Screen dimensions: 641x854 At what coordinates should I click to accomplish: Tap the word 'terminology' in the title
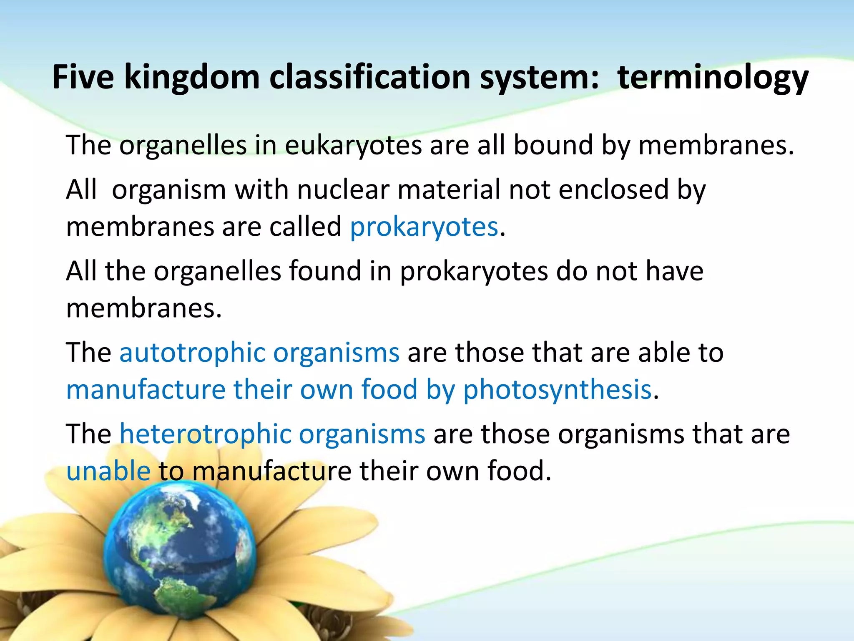(x=713, y=78)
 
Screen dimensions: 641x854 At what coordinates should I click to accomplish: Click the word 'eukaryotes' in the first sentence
(x=353, y=146)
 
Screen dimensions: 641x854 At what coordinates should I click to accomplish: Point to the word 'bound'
(x=553, y=145)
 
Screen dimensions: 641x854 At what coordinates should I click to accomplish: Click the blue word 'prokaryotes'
(x=424, y=227)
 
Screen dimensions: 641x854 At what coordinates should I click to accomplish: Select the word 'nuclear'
(x=343, y=189)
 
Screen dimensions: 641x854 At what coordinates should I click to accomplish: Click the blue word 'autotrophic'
(x=193, y=353)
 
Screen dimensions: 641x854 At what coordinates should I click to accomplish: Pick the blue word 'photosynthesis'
(x=558, y=389)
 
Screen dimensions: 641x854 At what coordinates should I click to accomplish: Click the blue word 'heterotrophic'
(x=206, y=434)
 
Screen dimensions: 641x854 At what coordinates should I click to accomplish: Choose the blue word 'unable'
(x=108, y=471)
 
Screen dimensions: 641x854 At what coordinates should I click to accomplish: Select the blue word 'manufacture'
(x=146, y=389)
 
